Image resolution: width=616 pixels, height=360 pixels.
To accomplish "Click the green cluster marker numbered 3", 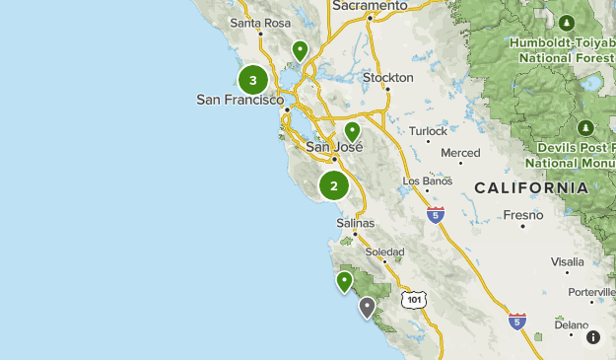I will pyautogui.click(x=253, y=81).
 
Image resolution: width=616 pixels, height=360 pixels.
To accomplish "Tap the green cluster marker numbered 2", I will pyautogui.click(x=334, y=185).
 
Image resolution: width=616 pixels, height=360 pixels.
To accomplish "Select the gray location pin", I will pyautogui.click(x=368, y=308).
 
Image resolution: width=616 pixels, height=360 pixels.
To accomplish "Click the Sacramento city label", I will pyautogui.click(x=370, y=6).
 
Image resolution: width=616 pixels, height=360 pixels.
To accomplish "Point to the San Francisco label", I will pyautogui.click(x=240, y=100).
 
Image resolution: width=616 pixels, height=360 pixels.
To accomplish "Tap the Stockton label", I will pyautogui.click(x=387, y=77).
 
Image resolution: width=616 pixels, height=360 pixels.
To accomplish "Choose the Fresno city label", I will pyautogui.click(x=523, y=214).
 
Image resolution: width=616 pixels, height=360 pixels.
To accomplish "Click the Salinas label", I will pyautogui.click(x=356, y=223).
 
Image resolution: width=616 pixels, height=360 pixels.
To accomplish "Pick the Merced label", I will pyautogui.click(x=460, y=153).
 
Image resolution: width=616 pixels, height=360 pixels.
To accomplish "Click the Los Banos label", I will pyautogui.click(x=428, y=181).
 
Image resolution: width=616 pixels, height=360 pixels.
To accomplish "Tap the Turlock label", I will pyautogui.click(x=428, y=130).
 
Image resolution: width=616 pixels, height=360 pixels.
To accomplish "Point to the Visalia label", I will pyautogui.click(x=568, y=261).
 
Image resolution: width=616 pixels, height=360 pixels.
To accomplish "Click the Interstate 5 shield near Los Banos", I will pyautogui.click(x=436, y=213).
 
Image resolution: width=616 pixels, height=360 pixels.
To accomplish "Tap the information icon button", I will pyautogui.click(x=593, y=337).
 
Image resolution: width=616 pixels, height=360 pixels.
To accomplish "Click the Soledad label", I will pyautogui.click(x=384, y=252).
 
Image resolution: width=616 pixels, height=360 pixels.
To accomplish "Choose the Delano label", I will pyautogui.click(x=571, y=324).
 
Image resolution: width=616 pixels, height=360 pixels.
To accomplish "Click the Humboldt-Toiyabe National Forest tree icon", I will pyautogui.click(x=566, y=23).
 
